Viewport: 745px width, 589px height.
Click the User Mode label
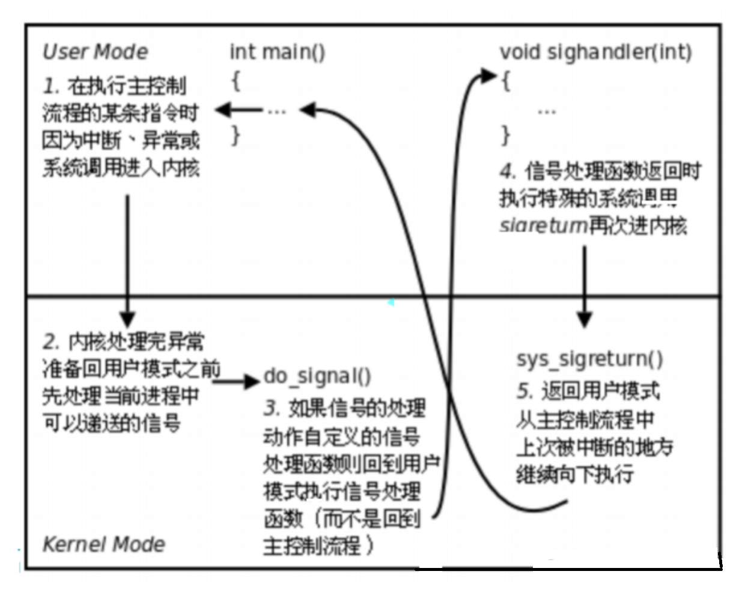click(95, 52)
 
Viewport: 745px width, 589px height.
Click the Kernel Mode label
click(103, 544)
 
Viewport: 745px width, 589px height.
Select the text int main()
click(277, 52)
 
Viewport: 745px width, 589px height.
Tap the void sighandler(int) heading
click(595, 52)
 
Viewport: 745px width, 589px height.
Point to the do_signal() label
click(317, 376)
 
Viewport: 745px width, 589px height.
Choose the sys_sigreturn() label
click(589, 359)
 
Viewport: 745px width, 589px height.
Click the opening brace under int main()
click(236, 81)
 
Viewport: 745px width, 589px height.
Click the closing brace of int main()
click(236, 135)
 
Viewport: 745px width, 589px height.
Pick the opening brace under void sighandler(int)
click(506, 81)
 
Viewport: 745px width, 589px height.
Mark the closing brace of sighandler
click(506, 135)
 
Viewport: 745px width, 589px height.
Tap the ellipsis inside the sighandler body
click(546, 111)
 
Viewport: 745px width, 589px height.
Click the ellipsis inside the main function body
click(276, 111)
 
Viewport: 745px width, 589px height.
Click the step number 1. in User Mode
click(51, 87)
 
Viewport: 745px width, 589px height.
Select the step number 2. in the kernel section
click(51, 342)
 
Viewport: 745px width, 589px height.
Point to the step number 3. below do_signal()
click(272, 408)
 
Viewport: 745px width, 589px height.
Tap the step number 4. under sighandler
click(508, 172)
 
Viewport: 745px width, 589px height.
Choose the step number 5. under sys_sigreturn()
click(525, 391)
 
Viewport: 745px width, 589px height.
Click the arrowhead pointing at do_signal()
click(253, 381)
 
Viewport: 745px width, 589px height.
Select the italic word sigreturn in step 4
click(543, 225)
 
